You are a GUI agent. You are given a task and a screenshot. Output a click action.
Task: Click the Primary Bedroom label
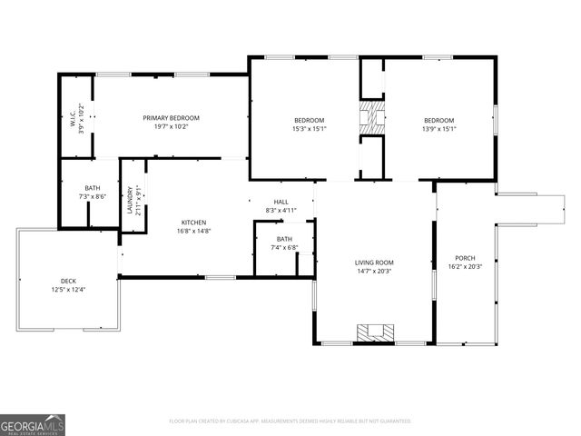171,118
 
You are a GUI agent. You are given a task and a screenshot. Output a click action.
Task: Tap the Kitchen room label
193,223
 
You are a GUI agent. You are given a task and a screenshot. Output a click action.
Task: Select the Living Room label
374,263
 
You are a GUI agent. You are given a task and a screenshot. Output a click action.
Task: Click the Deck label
69,281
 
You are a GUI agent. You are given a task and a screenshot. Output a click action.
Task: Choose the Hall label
281,202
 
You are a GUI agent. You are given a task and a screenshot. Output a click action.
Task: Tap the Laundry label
130,200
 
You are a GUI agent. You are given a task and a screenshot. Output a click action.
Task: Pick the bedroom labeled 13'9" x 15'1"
438,120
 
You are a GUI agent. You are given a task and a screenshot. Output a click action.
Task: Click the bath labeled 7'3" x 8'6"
93,187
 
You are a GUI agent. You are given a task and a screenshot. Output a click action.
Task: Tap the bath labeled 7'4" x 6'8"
285,239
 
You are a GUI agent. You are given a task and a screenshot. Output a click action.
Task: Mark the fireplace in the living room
374,332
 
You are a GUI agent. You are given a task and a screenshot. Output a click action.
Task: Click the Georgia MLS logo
33,424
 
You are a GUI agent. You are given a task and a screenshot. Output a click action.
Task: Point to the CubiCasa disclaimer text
290,421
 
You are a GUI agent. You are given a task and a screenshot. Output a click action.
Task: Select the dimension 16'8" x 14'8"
193,231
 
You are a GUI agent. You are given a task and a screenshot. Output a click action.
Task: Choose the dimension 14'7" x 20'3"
374,271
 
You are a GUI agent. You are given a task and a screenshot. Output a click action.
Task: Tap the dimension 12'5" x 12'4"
69,290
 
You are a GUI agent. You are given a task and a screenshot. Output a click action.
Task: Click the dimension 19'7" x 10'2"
171,127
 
